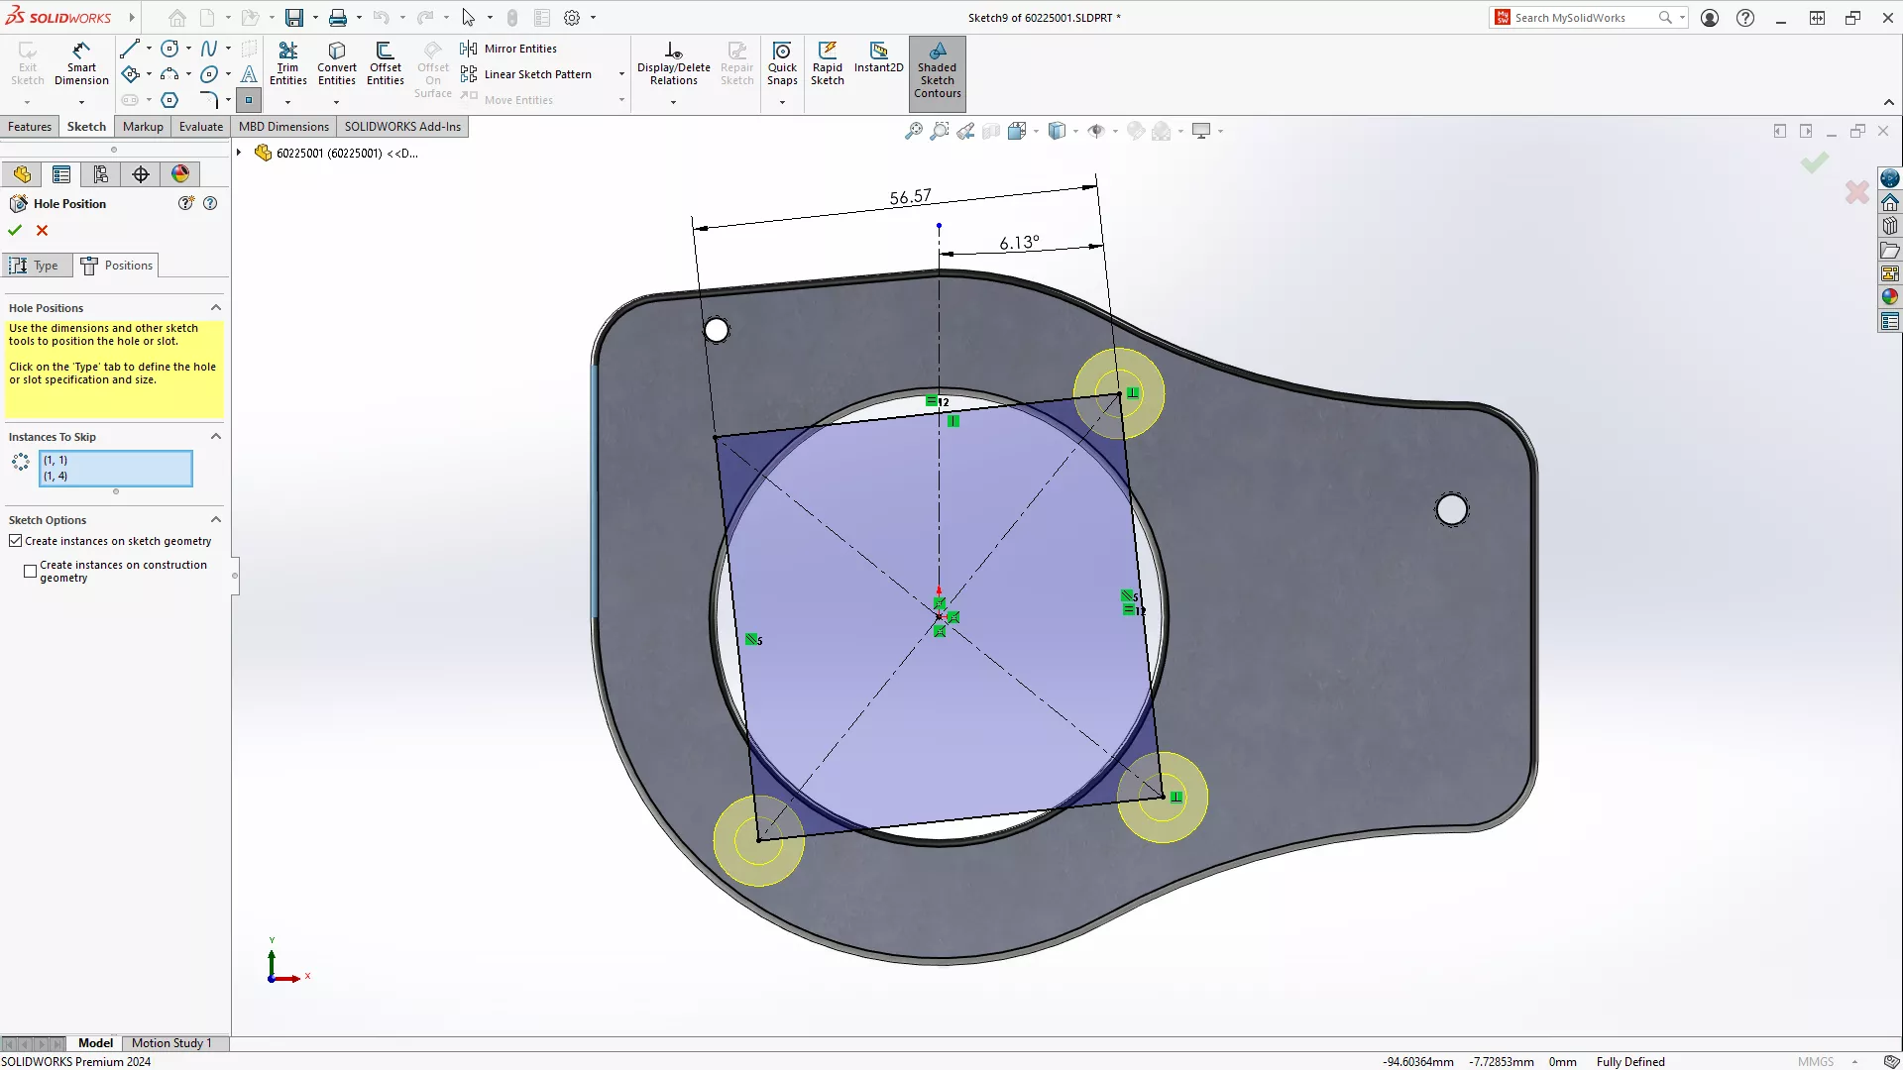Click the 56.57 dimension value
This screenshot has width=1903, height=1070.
pos(910,197)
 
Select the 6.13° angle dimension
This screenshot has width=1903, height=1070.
pos(1019,243)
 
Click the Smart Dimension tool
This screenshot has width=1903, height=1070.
pos(81,63)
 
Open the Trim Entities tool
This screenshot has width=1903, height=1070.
pos(287,63)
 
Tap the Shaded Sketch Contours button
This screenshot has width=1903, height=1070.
pos(937,70)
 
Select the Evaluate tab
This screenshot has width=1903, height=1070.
pos(200,127)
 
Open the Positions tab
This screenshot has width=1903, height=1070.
pos(117,266)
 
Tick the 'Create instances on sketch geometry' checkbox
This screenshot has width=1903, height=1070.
pos(16,541)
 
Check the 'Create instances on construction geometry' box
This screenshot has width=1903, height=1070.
pos(31,571)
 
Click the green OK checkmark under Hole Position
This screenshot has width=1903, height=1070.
pos(15,230)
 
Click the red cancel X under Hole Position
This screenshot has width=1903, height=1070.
pos(42,230)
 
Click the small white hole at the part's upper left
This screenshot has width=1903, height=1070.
pos(716,330)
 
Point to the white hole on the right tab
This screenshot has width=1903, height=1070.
pos(1451,509)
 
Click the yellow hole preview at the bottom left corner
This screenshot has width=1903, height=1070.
pos(758,840)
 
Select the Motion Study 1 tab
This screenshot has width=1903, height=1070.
pos(171,1043)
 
